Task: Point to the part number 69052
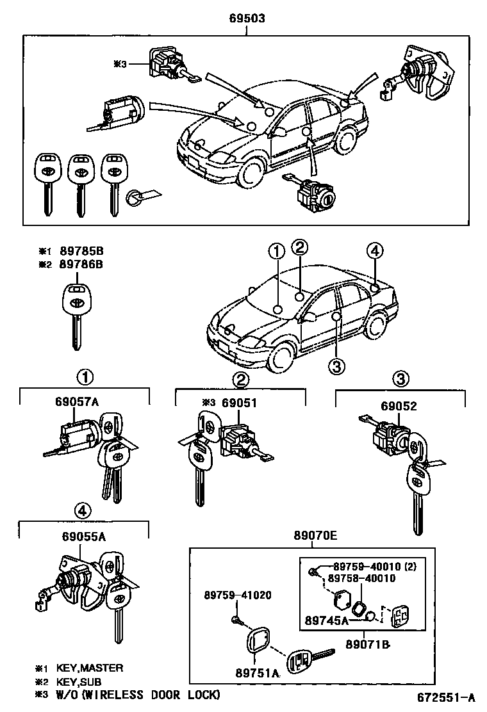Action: [399, 406]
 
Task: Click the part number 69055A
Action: [81, 538]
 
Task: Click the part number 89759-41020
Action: [238, 595]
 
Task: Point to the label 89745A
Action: [327, 620]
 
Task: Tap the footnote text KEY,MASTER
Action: [89, 668]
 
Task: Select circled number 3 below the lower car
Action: [337, 366]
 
